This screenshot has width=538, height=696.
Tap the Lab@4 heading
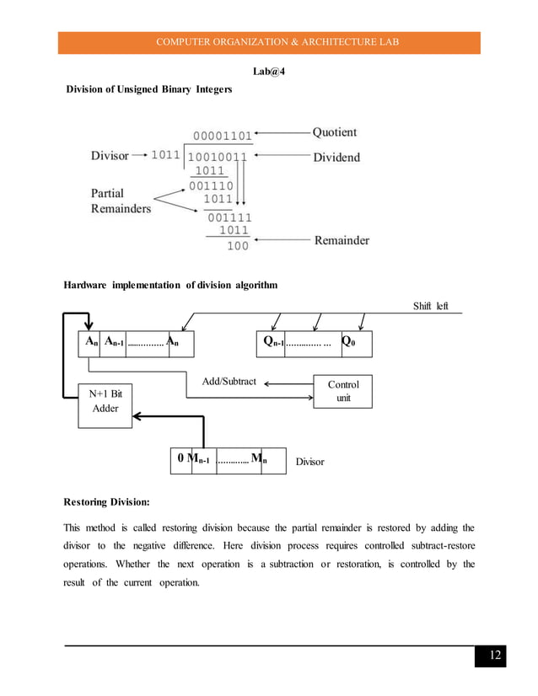point(268,72)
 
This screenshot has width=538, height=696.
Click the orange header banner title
point(269,43)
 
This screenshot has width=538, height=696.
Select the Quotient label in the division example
point(335,132)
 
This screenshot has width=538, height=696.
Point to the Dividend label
point(336,157)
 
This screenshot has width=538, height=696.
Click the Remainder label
point(342,240)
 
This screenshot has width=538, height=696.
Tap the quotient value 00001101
point(222,136)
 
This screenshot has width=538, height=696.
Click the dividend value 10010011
point(218,157)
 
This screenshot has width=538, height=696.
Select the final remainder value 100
point(237,246)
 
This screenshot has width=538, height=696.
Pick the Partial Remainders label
point(121,200)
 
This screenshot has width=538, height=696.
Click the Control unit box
point(343,391)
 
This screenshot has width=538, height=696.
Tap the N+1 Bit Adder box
point(105,401)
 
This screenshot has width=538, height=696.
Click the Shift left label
point(430,305)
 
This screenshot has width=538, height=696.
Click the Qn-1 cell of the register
point(272,342)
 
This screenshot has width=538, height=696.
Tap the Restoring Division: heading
point(107,502)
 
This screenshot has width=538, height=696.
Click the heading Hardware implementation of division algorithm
point(170,286)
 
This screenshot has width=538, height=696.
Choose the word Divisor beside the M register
point(309,463)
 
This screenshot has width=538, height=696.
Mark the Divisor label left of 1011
point(110,156)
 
